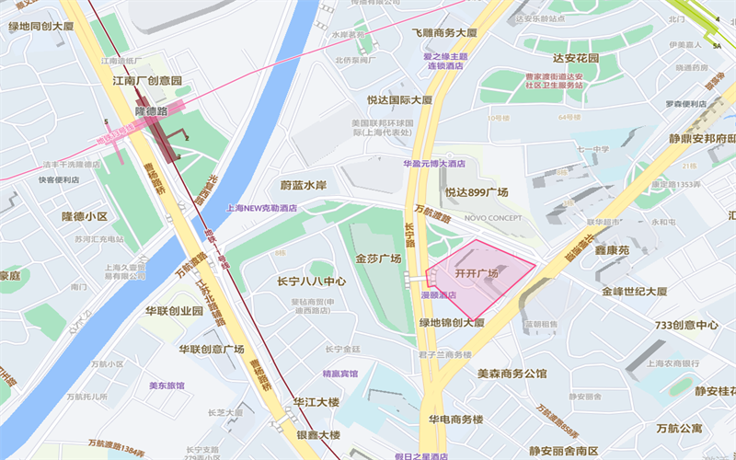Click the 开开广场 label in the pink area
tap(477, 273)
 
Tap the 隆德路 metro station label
tap(151, 110)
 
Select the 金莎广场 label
tap(378, 259)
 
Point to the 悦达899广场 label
tap(477, 192)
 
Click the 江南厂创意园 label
tap(146, 81)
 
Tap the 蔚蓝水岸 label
tap(304, 185)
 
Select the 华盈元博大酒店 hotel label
tap(434, 164)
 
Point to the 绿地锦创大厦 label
tap(452, 323)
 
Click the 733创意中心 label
tap(685, 325)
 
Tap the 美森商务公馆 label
tap(512, 374)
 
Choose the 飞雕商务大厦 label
tap(444, 32)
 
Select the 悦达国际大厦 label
tap(399, 99)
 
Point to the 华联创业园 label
tap(174, 311)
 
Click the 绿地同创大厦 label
tap(41, 27)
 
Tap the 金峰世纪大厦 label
tap(635, 291)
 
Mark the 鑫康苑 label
tap(611, 249)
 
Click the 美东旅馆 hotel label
tap(167, 385)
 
